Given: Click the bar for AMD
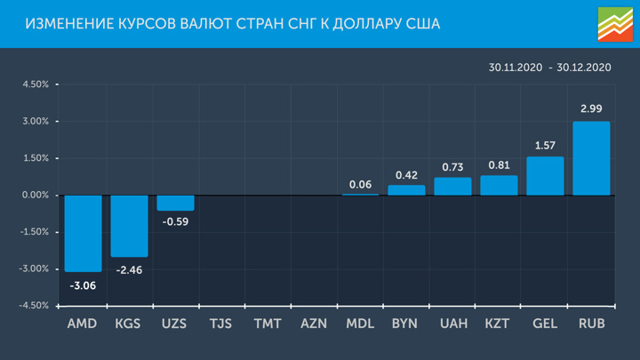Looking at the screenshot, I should tap(83, 233).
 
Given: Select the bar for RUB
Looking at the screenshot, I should tap(591, 158).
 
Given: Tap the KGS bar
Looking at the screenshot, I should tap(129, 226).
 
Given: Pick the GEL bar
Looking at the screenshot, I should tap(545, 176).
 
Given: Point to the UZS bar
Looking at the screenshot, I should tap(175, 203).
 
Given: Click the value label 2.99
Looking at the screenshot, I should tap(591, 108).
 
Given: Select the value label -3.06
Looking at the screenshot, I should tap(83, 285).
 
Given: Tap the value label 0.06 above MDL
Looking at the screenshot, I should tap(360, 184).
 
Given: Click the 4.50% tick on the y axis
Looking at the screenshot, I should tap(36, 84).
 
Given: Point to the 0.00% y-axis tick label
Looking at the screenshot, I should tap(36, 195).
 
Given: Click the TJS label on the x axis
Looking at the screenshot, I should tap(221, 324).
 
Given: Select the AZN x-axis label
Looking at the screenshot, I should tap(314, 324).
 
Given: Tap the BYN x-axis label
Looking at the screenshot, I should tap(406, 324).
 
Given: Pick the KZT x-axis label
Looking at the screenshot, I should tap(499, 324).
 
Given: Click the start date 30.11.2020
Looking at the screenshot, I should tap(515, 68).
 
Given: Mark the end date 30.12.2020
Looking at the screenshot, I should tap(585, 68).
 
